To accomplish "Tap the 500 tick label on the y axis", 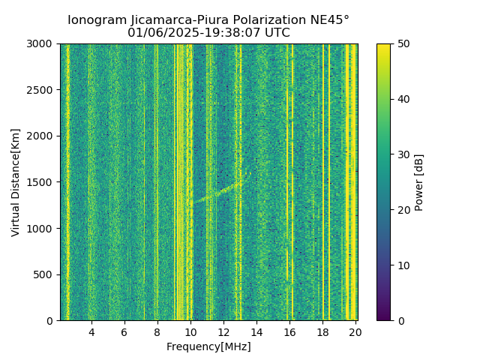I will [x=46, y=274].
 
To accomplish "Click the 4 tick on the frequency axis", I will [x=91, y=331].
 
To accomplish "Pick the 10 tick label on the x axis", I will [x=190, y=331].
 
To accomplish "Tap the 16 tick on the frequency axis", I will [x=289, y=331].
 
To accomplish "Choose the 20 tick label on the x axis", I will [x=355, y=331].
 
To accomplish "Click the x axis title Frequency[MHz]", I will [x=208, y=346].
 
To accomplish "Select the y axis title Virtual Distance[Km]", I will [x=16, y=182].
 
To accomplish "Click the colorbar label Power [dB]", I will [x=419, y=182].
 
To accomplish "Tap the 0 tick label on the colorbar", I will [x=400, y=320].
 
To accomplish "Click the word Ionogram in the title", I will [x=97, y=20].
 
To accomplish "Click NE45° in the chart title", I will [x=326, y=20].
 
